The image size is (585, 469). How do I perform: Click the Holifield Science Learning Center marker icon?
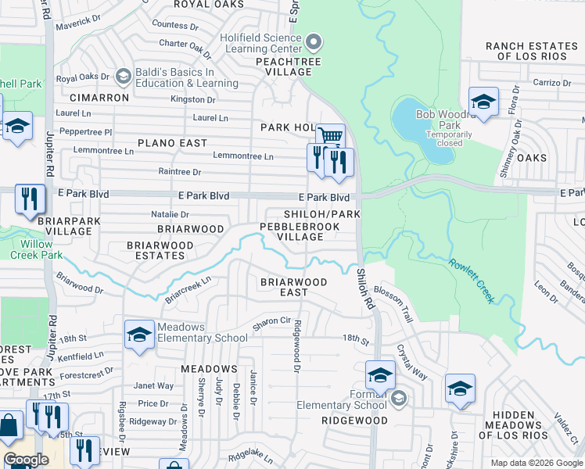[x=314, y=41]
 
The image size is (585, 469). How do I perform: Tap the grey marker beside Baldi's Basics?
[x=123, y=77]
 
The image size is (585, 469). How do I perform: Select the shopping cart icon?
[x=331, y=137]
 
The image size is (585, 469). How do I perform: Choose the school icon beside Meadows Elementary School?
[x=138, y=335]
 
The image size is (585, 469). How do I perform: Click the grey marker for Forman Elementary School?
[x=399, y=399]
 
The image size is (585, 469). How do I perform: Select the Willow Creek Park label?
[x=31, y=249]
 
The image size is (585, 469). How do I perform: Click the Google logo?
[x=26, y=459]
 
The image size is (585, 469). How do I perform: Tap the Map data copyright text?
[x=536, y=463]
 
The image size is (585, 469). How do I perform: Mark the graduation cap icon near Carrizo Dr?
[x=483, y=102]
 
